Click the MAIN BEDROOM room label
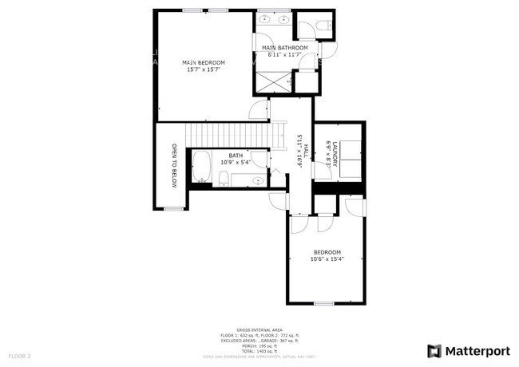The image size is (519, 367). (x=203, y=63)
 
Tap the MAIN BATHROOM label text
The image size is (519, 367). (x=285, y=48)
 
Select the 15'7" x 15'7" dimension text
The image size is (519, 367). (x=203, y=70)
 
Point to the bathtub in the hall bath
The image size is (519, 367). (x=200, y=168)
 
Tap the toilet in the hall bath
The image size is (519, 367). (x=224, y=178)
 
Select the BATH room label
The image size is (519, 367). (x=236, y=156)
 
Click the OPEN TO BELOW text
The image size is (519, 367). (x=173, y=165)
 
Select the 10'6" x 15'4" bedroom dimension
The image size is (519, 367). (x=327, y=258)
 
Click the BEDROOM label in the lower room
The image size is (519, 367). (x=327, y=252)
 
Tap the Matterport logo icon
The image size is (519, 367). (x=435, y=350)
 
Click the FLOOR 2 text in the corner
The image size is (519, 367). (x=19, y=354)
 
